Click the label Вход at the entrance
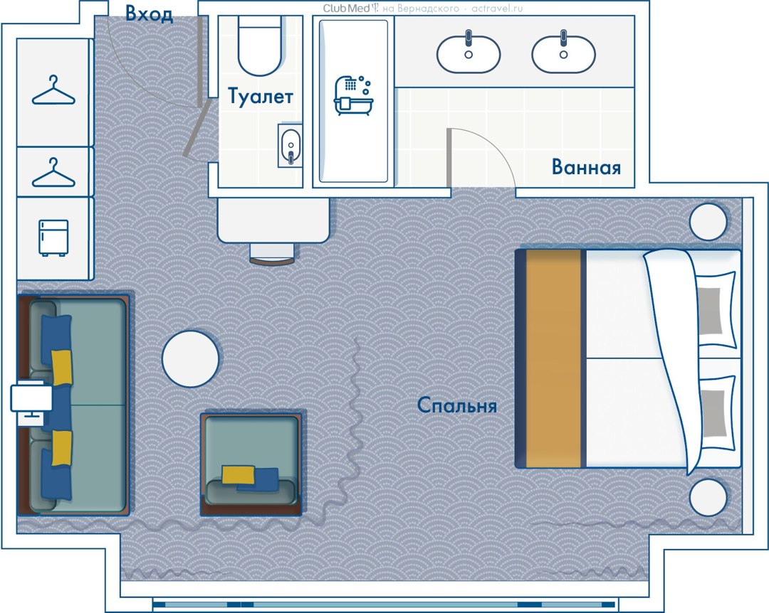pyautogui.click(x=149, y=14)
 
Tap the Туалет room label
pyautogui.click(x=261, y=97)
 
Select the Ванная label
pyautogui.click(x=586, y=167)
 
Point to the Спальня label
pyautogui.click(x=456, y=405)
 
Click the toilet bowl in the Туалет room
pyautogui.click(x=260, y=46)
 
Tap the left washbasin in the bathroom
pyautogui.click(x=469, y=53)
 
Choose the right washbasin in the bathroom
pyautogui.click(x=563, y=53)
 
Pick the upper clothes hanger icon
pyautogui.click(x=53, y=90)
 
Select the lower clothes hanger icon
pyautogui.click(x=53, y=173)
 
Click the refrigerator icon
pyautogui.click(x=53, y=238)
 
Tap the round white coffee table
pyautogui.click(x=190, y=358)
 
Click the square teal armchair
pyautogui.click(x=251, y=462)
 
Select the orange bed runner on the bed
pyautogui.click(x=553, y=358)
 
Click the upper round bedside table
pyautogui.click(x=708, y=221)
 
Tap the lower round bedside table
pyautogui.click(x=708, y=497)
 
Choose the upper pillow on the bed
pyautogui.click(x=715, y=309)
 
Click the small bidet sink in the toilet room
pyautogui.click(x=290, y=146)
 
